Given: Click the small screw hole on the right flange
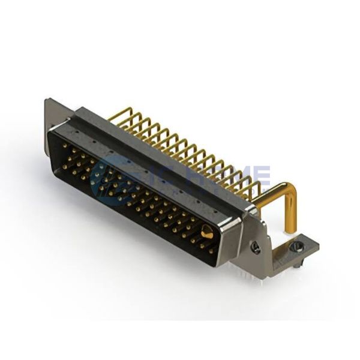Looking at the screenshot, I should coord(256,247).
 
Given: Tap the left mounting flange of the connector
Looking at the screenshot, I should coord(50,117).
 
